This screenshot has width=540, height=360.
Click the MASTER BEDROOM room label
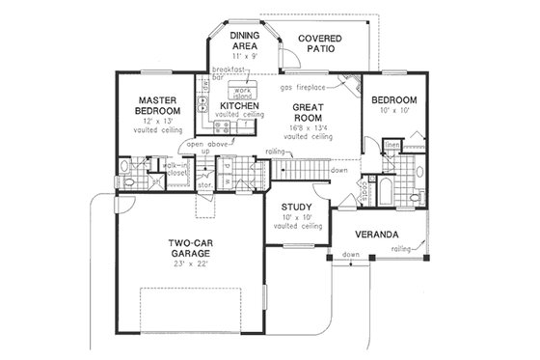[154, 104]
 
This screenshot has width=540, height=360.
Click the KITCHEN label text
[238, 105]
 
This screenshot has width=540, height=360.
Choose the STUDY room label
[297, 208]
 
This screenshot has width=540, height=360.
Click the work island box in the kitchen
[236, 91]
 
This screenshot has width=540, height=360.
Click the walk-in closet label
[175, 169]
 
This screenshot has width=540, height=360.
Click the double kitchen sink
[204, 99]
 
